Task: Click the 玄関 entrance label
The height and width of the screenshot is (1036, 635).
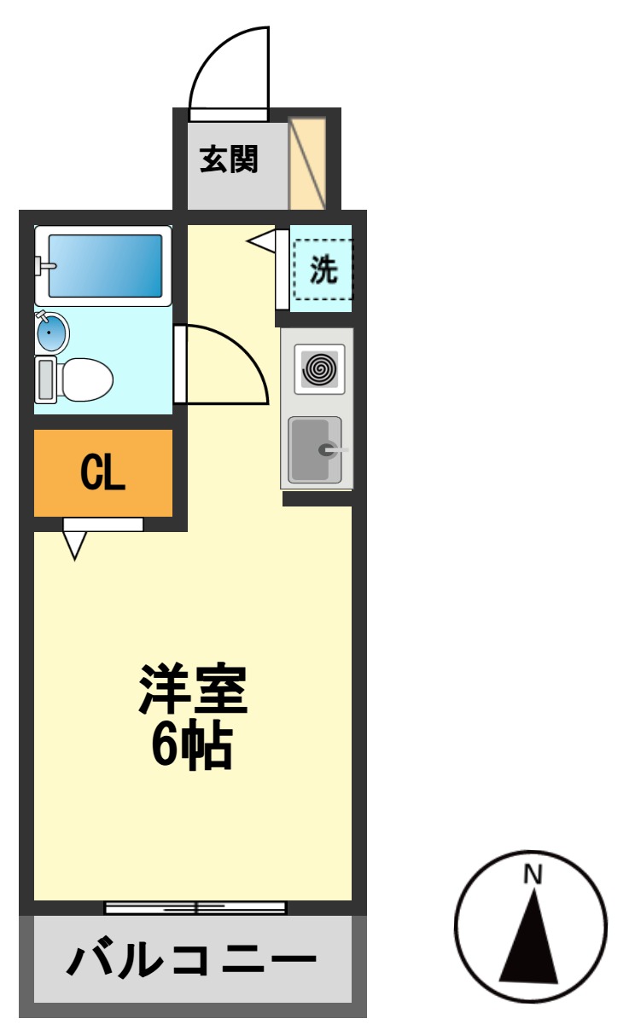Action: pos(229,159)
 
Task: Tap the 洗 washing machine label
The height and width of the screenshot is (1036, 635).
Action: pos(323,270)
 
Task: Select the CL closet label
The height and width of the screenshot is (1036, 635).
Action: pos(102,472)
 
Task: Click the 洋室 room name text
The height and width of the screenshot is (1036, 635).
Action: pos(194,690)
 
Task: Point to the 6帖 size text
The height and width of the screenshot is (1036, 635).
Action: pos(192,749)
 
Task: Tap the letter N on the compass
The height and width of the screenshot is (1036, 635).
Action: pos(533,874)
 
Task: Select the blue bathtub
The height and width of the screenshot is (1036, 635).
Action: pos(104,265)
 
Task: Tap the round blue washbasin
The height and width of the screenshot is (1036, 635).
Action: pos(52,331)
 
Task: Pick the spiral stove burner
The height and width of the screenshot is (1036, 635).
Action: pos(320,369)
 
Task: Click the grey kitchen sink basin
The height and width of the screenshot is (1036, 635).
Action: pos(314,449)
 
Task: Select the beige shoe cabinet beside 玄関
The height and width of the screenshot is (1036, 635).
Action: pos(307,163)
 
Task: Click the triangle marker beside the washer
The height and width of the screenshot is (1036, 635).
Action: pos(263,241)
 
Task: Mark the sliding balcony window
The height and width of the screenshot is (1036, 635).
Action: pos(195,907)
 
